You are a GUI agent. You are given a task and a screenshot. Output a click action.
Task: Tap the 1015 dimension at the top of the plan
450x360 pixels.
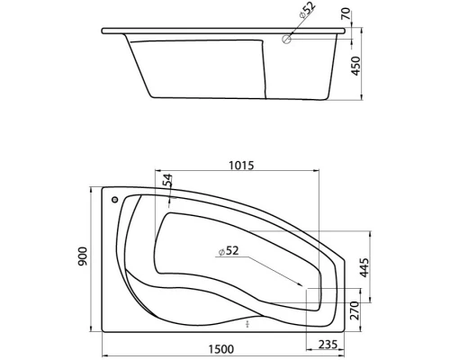tap(240, 165)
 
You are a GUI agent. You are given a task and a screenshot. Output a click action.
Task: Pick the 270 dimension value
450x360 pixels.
tap(355, 310)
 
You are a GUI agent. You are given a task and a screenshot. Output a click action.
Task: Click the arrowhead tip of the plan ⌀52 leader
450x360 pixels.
tap(309, 290)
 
